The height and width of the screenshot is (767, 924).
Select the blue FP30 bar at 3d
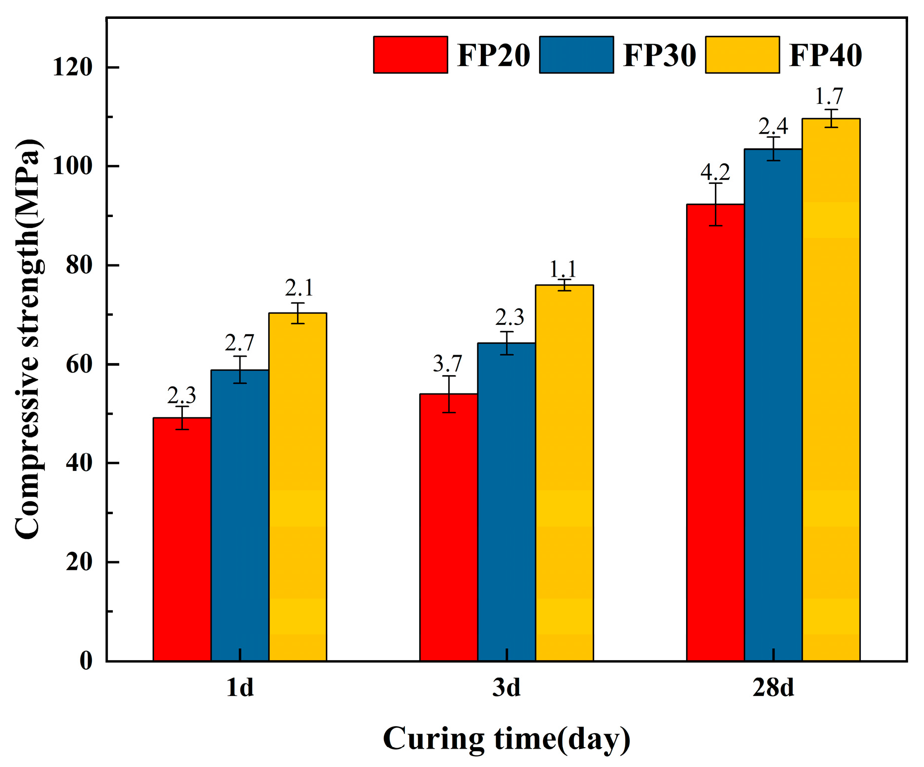[506, 502]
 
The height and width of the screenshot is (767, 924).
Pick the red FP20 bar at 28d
[715, 432]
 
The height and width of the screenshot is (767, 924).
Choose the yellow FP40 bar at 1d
[298, 487]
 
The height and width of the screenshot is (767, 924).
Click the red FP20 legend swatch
[410, 55]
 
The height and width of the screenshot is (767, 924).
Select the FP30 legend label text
[659, 55]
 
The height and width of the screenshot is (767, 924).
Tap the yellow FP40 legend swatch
[742, 55]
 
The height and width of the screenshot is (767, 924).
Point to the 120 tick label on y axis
[73, 67]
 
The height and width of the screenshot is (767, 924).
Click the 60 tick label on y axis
[79, 364]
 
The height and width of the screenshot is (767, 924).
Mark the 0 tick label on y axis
[86, 661]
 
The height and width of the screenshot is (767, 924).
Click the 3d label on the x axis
[506, 688]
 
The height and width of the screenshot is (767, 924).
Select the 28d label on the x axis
[773, 688]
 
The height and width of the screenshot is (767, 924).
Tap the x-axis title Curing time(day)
[506, 739]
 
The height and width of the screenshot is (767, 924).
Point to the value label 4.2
[715, 172]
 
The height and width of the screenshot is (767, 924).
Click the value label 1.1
[563, 269]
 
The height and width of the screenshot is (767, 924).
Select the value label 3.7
[448, 364]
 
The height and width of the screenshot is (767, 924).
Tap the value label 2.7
[239, 343]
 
